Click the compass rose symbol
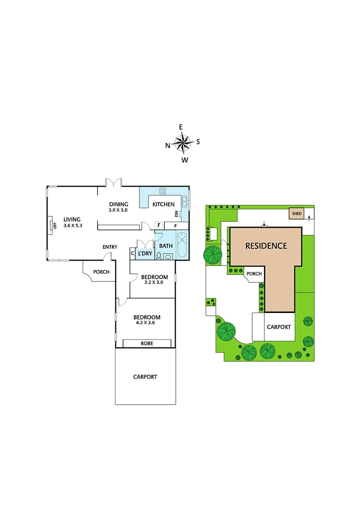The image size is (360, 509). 183,142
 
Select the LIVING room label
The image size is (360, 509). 73,219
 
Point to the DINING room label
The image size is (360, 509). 118,204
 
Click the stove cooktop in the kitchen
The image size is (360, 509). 163,191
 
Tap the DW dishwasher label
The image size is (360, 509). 177,214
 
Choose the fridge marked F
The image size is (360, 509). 159,225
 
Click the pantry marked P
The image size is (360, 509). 175,226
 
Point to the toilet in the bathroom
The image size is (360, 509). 159,255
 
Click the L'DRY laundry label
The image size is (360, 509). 145,254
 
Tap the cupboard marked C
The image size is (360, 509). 132,254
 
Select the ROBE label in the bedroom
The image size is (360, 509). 147,343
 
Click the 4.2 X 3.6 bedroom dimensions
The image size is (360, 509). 147,324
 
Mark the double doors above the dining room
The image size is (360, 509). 114,182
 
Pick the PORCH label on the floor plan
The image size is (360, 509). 101,272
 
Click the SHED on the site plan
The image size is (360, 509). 296,213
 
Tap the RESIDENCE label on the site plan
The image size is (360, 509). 266,246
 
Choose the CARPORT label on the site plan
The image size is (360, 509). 279,327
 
